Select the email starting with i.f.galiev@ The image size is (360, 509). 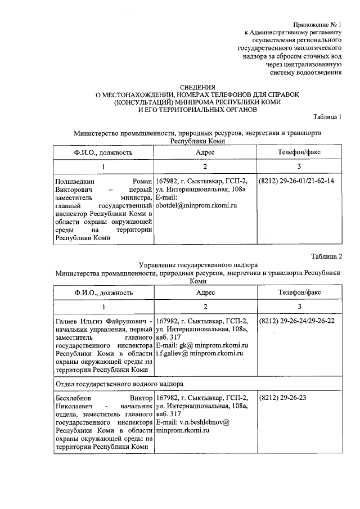tap(199, 353)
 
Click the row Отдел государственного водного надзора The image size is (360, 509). tap(118, 384)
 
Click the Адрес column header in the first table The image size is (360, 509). tap(205, 152)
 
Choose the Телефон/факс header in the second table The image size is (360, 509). tap(299, 292)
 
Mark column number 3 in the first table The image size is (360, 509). tap(299, 167)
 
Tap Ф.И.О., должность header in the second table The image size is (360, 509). tap(103, 292)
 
